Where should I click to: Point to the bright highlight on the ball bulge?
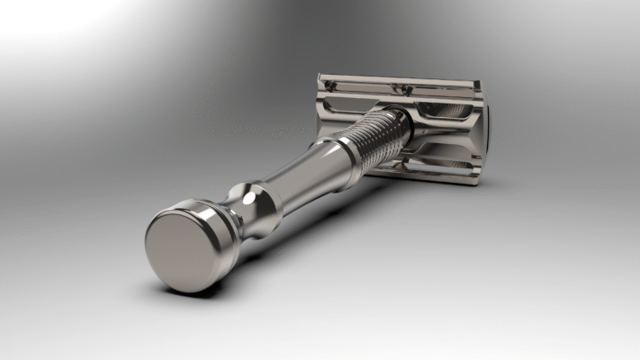point(241,193)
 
